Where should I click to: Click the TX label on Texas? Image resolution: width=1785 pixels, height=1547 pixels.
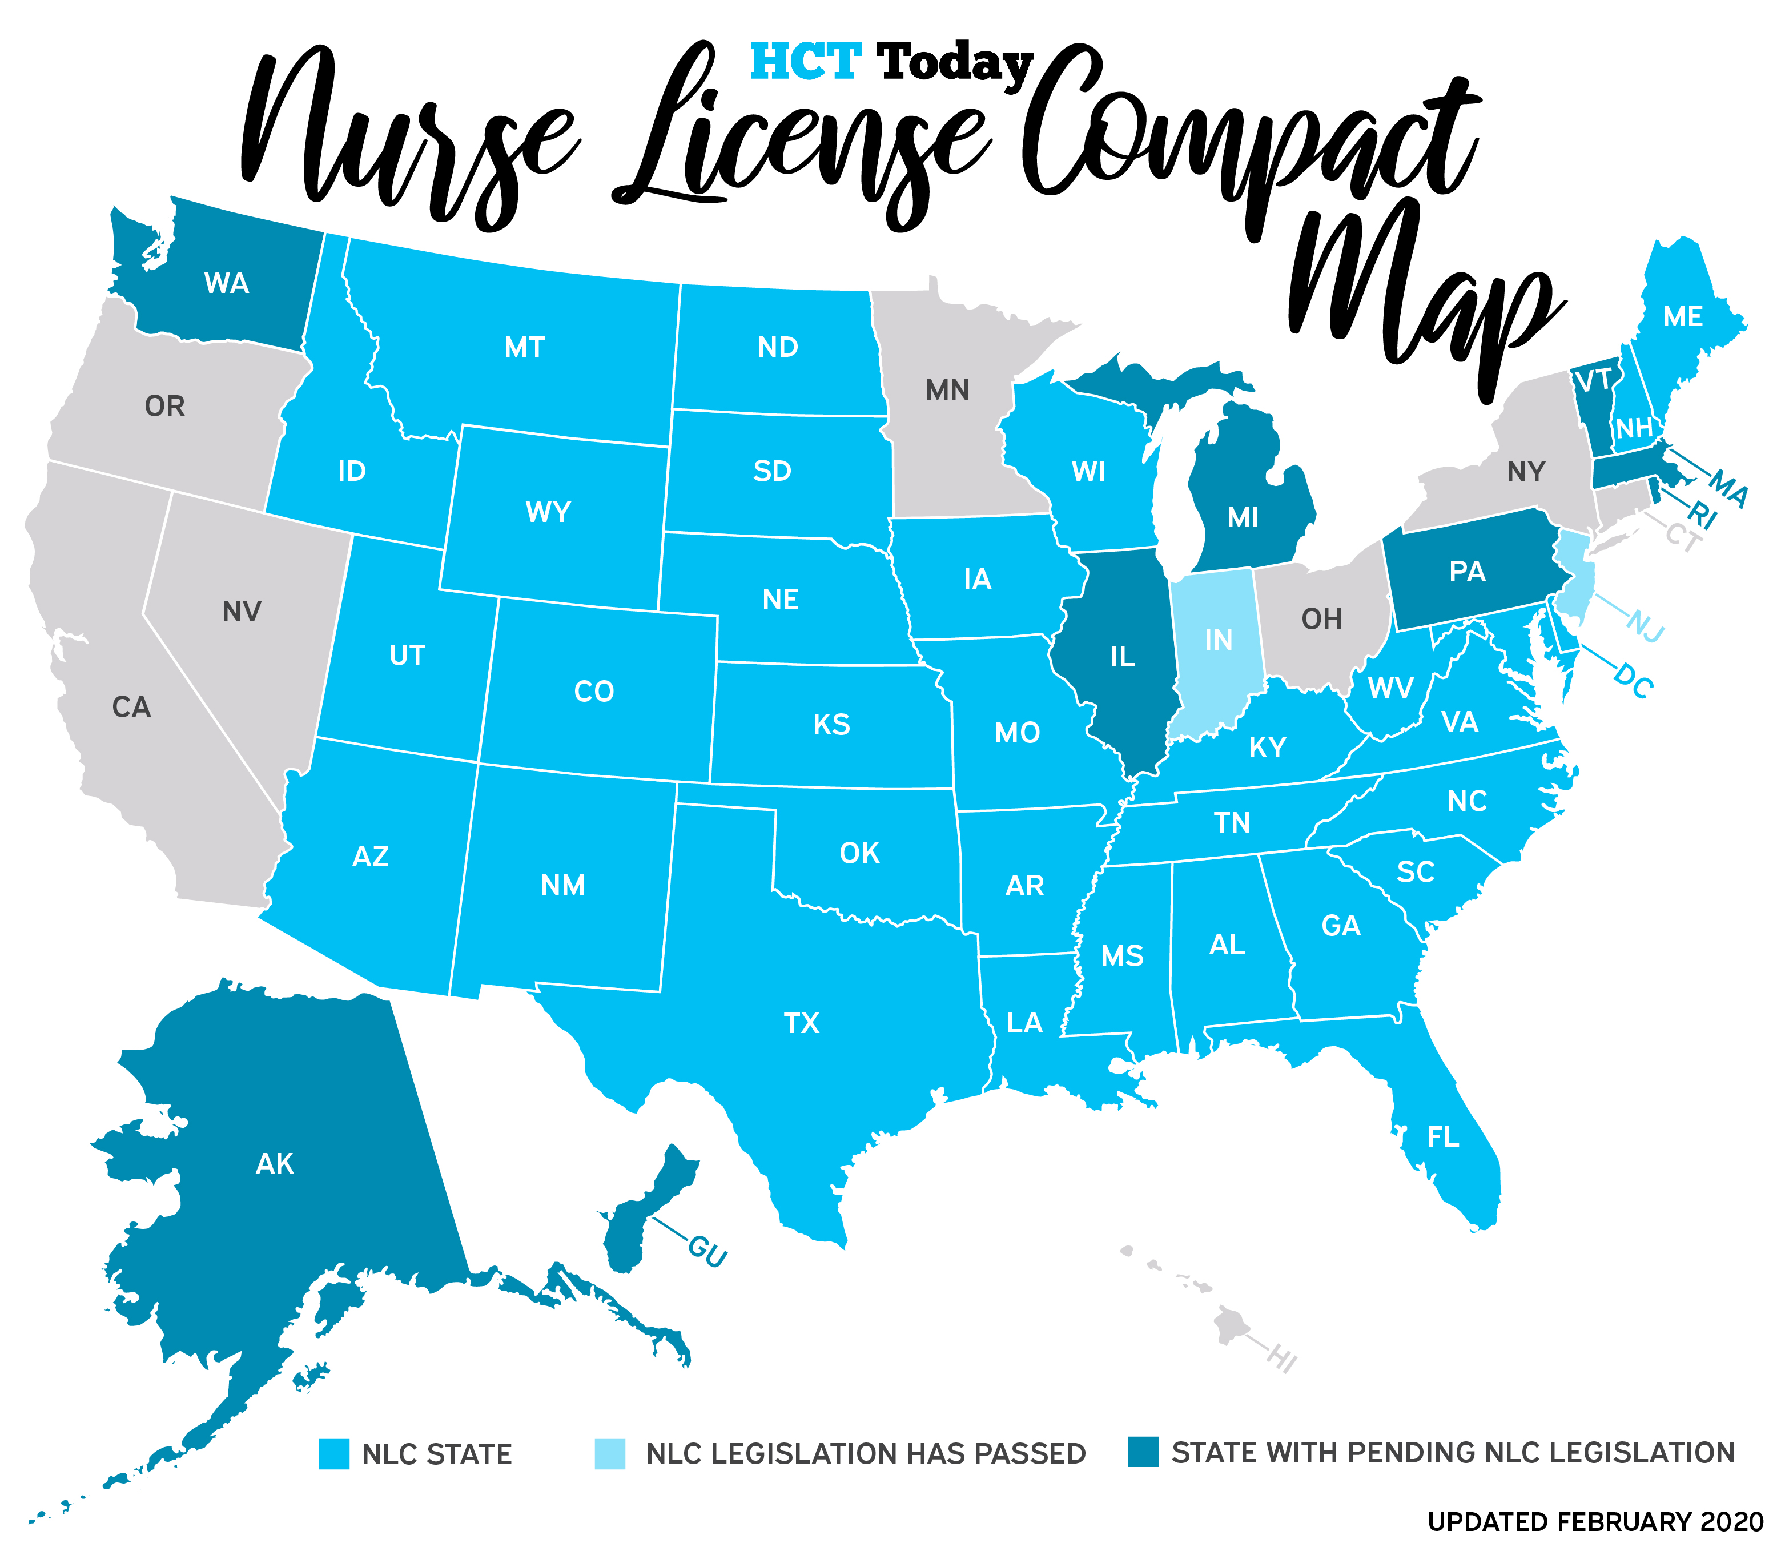(801, 1024)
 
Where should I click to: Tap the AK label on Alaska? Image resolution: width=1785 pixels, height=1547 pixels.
(275, 1164)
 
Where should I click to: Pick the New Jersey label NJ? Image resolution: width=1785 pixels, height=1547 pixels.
(1645, 626)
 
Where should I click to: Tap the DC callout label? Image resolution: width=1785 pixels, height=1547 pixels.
(1633, 682)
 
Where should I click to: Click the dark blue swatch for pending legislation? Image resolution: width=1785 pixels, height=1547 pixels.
(1143, 1452)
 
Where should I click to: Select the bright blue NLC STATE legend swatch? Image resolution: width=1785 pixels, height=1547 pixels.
(334, 1454)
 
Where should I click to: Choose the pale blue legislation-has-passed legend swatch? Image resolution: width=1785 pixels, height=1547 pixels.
(609, 1454)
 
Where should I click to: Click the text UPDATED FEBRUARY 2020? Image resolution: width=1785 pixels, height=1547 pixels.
(1595, 1521)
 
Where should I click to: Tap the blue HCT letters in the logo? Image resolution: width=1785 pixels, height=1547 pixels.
(805, 62)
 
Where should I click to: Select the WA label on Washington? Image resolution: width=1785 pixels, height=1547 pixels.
(226, 283)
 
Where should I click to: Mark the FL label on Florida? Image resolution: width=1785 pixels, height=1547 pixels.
(1443, 1137)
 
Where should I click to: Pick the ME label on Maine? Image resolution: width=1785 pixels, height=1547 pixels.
(1682, 317)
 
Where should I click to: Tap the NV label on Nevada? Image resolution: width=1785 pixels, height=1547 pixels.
(241, 612)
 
